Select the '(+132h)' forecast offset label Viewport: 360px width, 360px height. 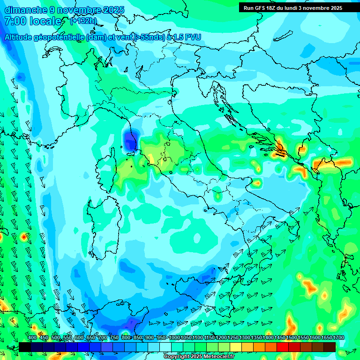click(x=83, y=21)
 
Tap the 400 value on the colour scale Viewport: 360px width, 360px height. click(x=32, y=338)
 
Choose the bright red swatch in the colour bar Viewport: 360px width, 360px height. click(x=283, y=347)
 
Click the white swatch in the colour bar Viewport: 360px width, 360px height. click(x=165, y=347)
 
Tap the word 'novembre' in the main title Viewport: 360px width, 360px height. click(x=79, y=10)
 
